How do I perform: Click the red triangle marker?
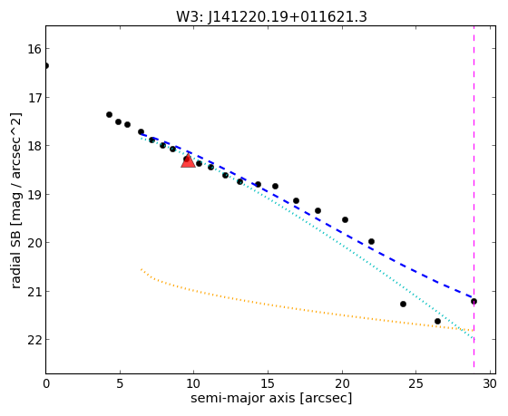click(189, 161)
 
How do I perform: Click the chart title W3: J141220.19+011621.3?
click(271, 16)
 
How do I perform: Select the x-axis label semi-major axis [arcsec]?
click(271, 398)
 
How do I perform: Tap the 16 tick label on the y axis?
click(33, 50)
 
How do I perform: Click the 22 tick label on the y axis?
click(33, 340)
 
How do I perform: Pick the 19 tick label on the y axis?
click(33, 195)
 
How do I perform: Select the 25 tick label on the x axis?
click(416, 384)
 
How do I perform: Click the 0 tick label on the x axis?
click(46, 384)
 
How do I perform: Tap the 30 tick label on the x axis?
click(490, 384)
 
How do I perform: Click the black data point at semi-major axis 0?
click(46, 66)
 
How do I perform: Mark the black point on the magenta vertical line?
click(474, 302)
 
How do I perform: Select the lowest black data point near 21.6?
click(437, 321)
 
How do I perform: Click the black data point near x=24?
click(404, 304)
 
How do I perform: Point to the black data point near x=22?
click(372, 241)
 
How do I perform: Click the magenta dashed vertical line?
click(474, 197)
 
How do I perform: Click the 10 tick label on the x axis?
click(194, 384)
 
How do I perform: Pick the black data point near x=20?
click(346, 220)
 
